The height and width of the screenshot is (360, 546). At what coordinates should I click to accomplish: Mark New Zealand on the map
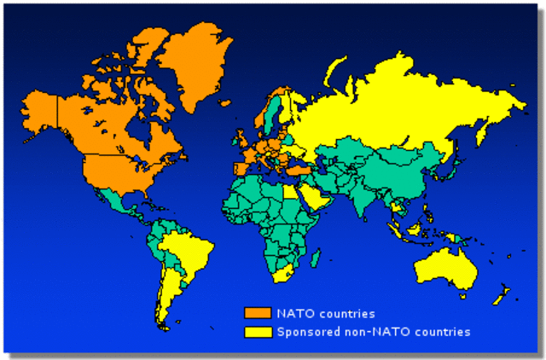click(502, 294)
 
